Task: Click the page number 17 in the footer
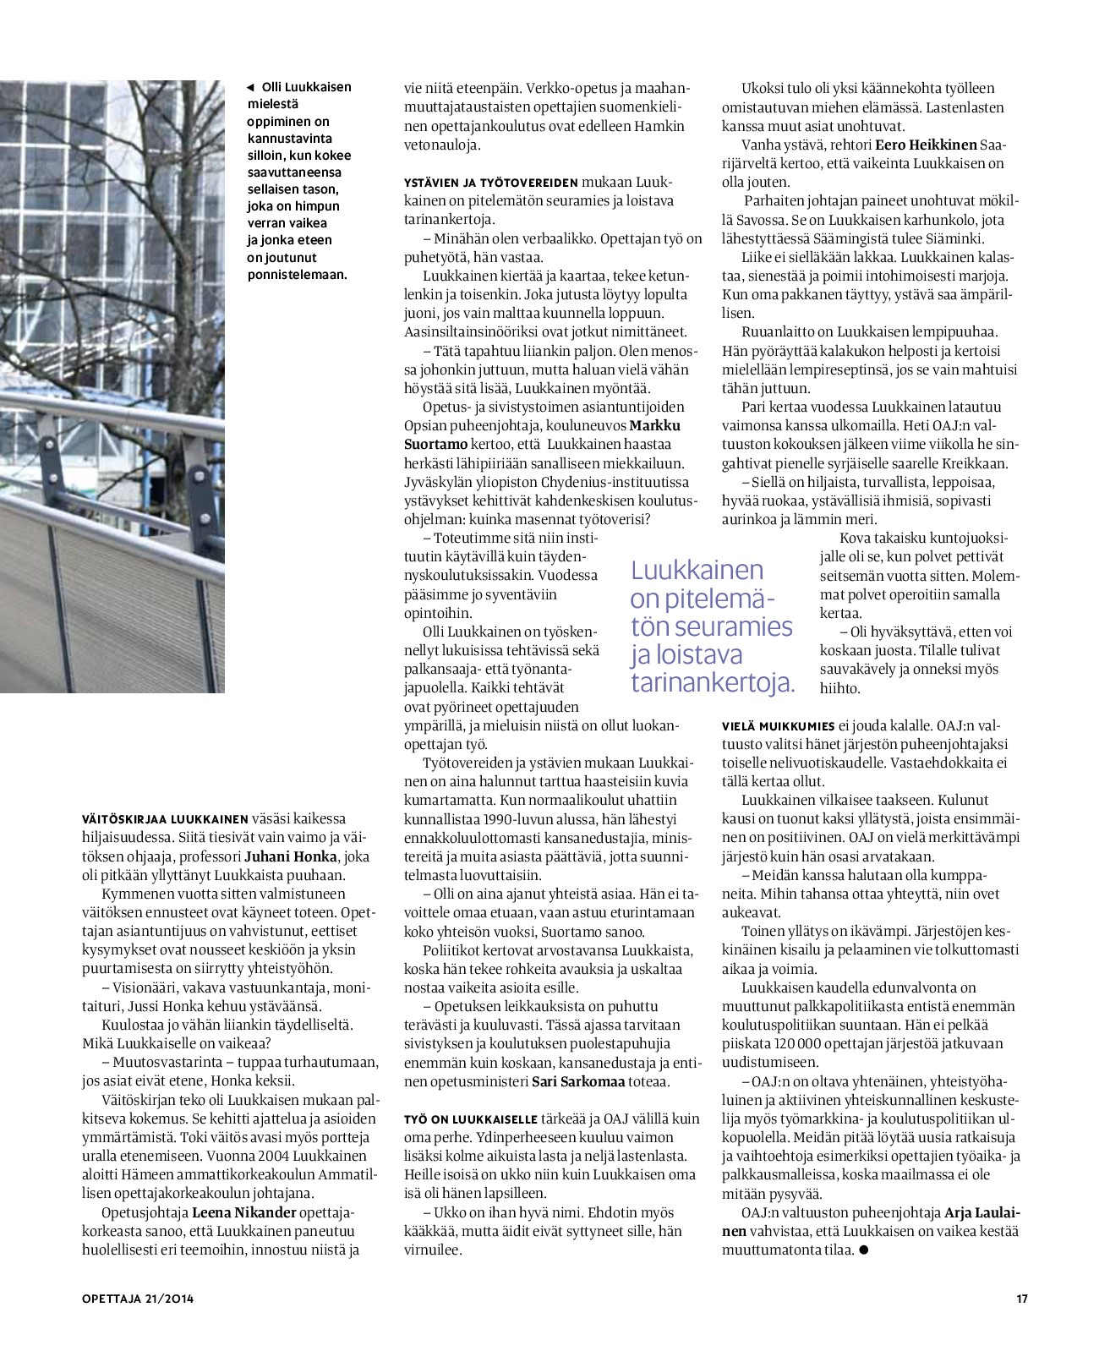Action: (1022, 1299)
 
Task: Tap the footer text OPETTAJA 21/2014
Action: (138, 1299)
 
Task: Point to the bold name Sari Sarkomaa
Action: (578, 1081)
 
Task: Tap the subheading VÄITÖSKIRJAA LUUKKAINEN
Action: (165, 819)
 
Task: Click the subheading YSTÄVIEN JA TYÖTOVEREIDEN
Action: (491, 183)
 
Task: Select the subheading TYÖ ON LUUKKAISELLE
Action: (471, 1119)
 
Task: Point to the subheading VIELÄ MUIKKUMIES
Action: (779, 726)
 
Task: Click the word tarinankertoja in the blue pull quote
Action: (713, 682)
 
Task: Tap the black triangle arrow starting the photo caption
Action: (250, 87)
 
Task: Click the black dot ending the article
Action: (863, 1250)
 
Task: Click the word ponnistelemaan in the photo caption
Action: (297, 274)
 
